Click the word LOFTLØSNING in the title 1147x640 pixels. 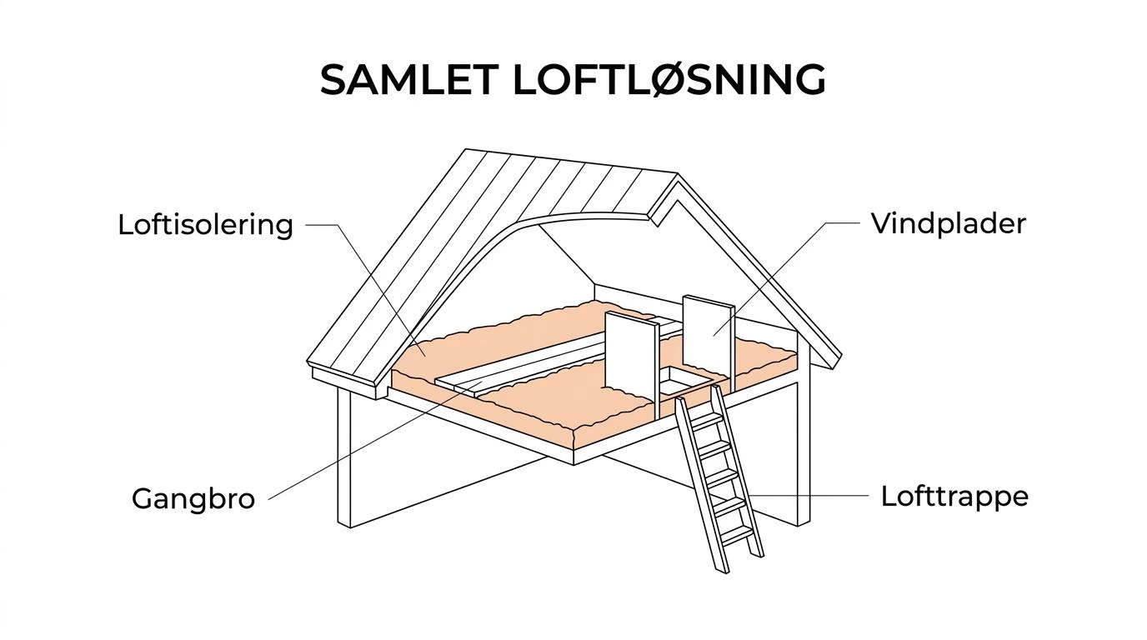(669, 79)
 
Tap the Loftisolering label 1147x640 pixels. (205, 225)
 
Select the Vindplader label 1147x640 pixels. (949, 223)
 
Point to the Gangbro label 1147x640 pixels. (193, 498)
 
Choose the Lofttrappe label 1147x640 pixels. (954, 496)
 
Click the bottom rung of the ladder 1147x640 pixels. (739, 534)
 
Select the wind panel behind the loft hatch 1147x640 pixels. (709, 341)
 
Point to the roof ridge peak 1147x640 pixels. (678, 175)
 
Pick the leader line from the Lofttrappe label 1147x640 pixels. (796, 496)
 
